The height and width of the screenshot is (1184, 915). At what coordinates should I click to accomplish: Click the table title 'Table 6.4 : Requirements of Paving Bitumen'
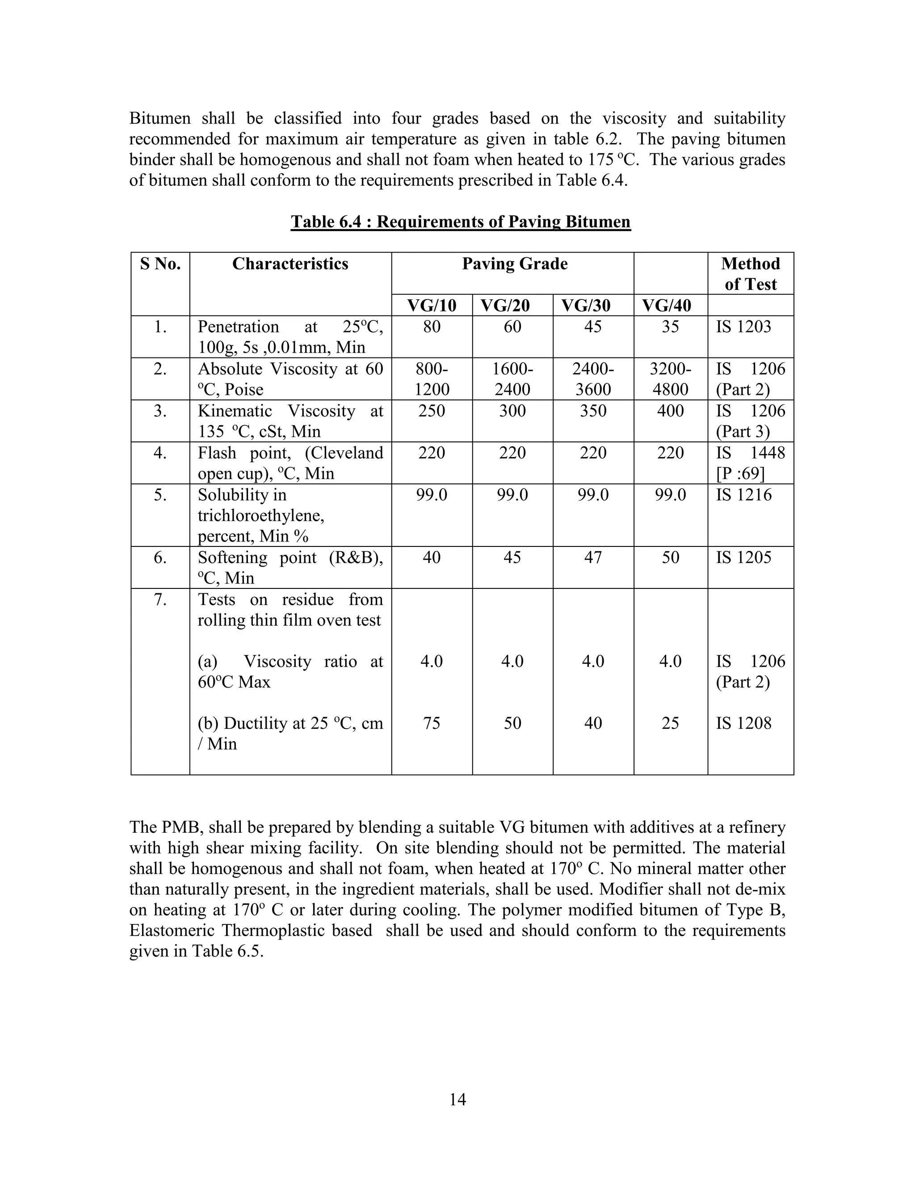point(460,222)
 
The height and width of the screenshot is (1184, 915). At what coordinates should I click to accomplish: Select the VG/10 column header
point(432,306)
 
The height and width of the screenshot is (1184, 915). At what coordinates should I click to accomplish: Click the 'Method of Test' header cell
point(750,274)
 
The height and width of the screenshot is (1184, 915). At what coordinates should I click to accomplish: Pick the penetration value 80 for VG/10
point(432,327)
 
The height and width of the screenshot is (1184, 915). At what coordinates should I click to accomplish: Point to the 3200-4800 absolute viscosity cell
point(670,379)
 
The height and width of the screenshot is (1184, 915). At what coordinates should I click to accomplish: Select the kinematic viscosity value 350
point(592,411)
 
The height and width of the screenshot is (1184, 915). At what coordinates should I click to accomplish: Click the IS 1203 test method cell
point(743,327)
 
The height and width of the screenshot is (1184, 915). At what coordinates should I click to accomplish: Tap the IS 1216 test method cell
point(743,495)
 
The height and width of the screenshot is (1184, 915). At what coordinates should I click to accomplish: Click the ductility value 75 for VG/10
point(432,723)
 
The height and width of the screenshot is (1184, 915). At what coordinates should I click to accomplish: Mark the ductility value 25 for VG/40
point(670,723)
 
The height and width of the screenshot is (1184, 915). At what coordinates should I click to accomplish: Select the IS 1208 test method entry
point(743,723)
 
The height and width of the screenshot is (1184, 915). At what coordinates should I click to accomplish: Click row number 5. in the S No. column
point(160,495)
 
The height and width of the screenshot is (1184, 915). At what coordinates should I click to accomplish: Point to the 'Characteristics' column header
point(290,264)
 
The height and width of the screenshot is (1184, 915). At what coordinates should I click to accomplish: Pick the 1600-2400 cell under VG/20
point(512,379)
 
